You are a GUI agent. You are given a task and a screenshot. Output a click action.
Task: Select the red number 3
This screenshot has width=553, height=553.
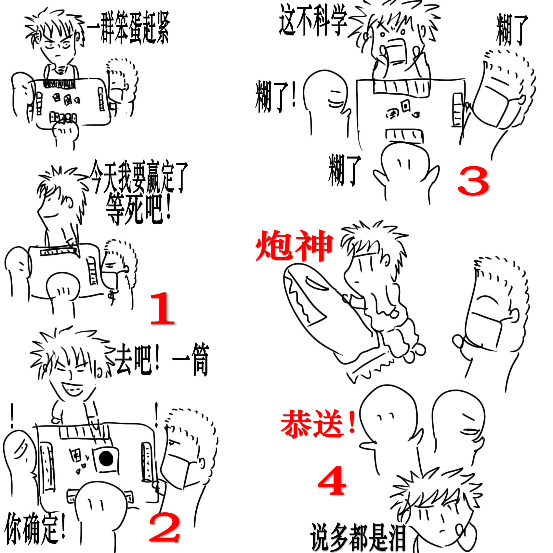click(x=473, y=181)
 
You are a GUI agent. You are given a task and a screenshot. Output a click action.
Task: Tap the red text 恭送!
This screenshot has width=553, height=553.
click(x=318, y=424)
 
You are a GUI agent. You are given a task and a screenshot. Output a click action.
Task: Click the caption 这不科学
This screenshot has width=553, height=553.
click(x=313, y=20)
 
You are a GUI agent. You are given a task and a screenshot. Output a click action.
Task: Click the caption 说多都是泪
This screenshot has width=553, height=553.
click(x=358, y=537)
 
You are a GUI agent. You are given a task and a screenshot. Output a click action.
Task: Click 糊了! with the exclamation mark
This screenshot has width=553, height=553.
click(x=276, y=97)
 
